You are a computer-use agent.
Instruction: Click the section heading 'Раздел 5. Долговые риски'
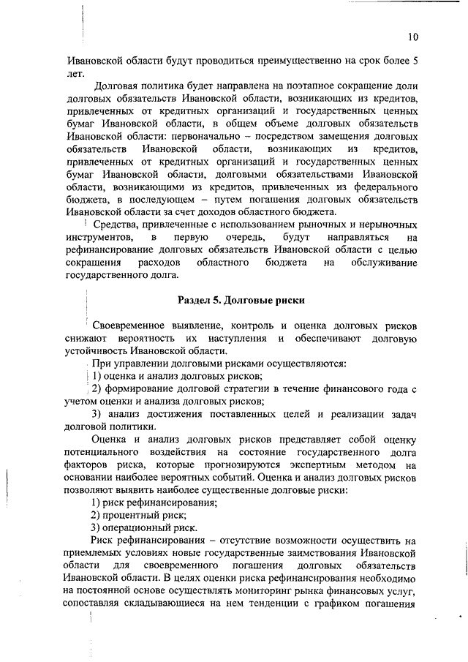241,301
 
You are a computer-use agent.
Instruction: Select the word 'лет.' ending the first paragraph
75,74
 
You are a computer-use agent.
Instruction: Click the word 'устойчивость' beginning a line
97,350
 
